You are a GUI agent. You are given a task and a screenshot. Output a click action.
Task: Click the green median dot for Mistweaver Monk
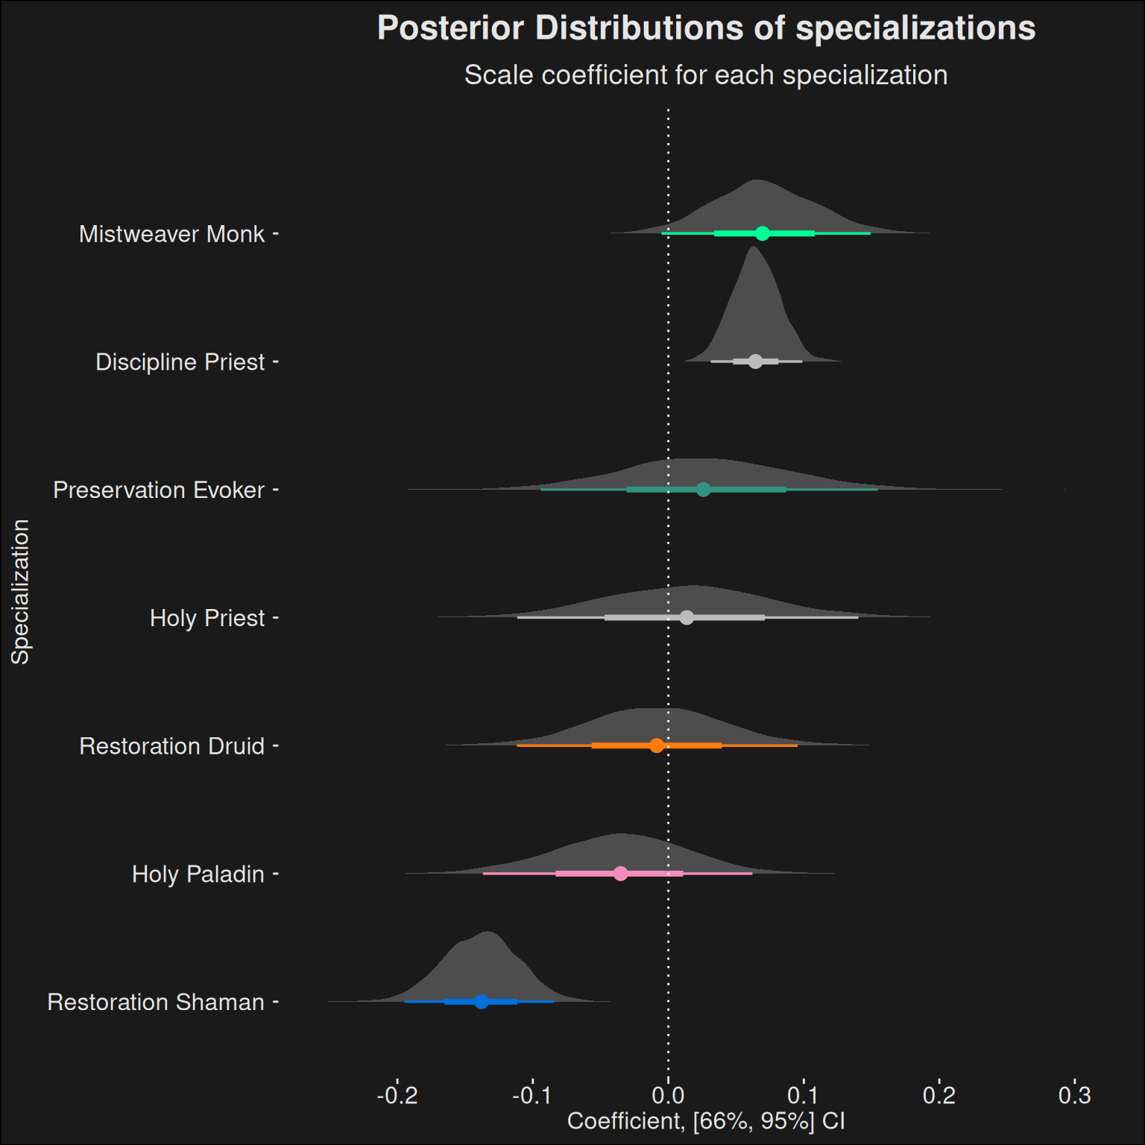(762, 233)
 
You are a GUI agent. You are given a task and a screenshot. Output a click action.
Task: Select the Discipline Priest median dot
(755, 362)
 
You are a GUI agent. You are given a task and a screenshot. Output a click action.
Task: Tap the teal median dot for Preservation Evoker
(703, 490)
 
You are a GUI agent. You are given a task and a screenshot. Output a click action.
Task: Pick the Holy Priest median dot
(687, 617)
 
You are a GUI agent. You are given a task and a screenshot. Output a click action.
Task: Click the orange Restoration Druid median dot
(656, 745)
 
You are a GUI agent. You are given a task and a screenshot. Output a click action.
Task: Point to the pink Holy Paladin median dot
(621, 874)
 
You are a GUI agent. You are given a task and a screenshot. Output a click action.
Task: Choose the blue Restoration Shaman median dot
(481, 1001)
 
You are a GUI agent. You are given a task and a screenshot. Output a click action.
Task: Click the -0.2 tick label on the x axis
(397, 1095)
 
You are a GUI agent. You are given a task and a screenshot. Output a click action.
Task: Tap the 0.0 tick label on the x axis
(668, 1095)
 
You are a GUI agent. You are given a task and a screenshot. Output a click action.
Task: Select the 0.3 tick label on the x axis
(1074, 1095)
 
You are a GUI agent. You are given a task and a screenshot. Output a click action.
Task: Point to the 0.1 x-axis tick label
(804, 1095)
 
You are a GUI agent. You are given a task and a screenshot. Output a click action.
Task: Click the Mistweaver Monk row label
(171, 234)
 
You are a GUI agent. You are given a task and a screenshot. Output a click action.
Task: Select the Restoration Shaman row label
(156, 1002)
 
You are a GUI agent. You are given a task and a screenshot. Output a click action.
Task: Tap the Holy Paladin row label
(198, 874)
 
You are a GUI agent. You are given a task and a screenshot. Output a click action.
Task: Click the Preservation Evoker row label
(159, 490)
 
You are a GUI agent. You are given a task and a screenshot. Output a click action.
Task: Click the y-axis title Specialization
(20, 591)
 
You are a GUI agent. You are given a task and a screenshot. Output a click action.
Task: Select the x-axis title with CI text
(706, 1121)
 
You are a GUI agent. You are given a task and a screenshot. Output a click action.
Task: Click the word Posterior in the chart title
(450, 28)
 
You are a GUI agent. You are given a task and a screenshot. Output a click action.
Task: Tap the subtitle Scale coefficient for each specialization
(706, 75)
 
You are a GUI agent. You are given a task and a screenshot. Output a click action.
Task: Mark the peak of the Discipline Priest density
(753, 247)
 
